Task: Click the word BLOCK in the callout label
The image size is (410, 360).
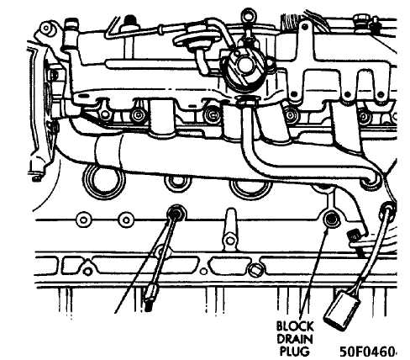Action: [x=295, y=326]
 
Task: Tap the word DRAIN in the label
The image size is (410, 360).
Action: [x=295, y=339]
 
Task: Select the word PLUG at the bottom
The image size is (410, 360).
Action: [x=295, y=351]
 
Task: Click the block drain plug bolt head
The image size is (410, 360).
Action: [x=330, y=218]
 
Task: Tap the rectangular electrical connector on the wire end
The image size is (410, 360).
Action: [x=341, y=310]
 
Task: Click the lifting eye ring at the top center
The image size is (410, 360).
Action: [x=248, y=13]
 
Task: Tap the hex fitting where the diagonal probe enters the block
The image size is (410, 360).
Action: [x=176, y=214]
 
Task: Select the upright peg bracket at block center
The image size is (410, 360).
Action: [x=230, y=230]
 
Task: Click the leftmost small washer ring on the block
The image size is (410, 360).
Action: [x=83, y=220]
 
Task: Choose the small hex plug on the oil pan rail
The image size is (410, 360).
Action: [x=255, y=269]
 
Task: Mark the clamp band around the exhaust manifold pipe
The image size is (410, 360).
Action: [x=108, y=151]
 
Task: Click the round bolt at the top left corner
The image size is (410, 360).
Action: [x=45, y=28]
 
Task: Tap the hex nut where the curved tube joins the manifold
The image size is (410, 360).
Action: [x=247, y=102]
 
